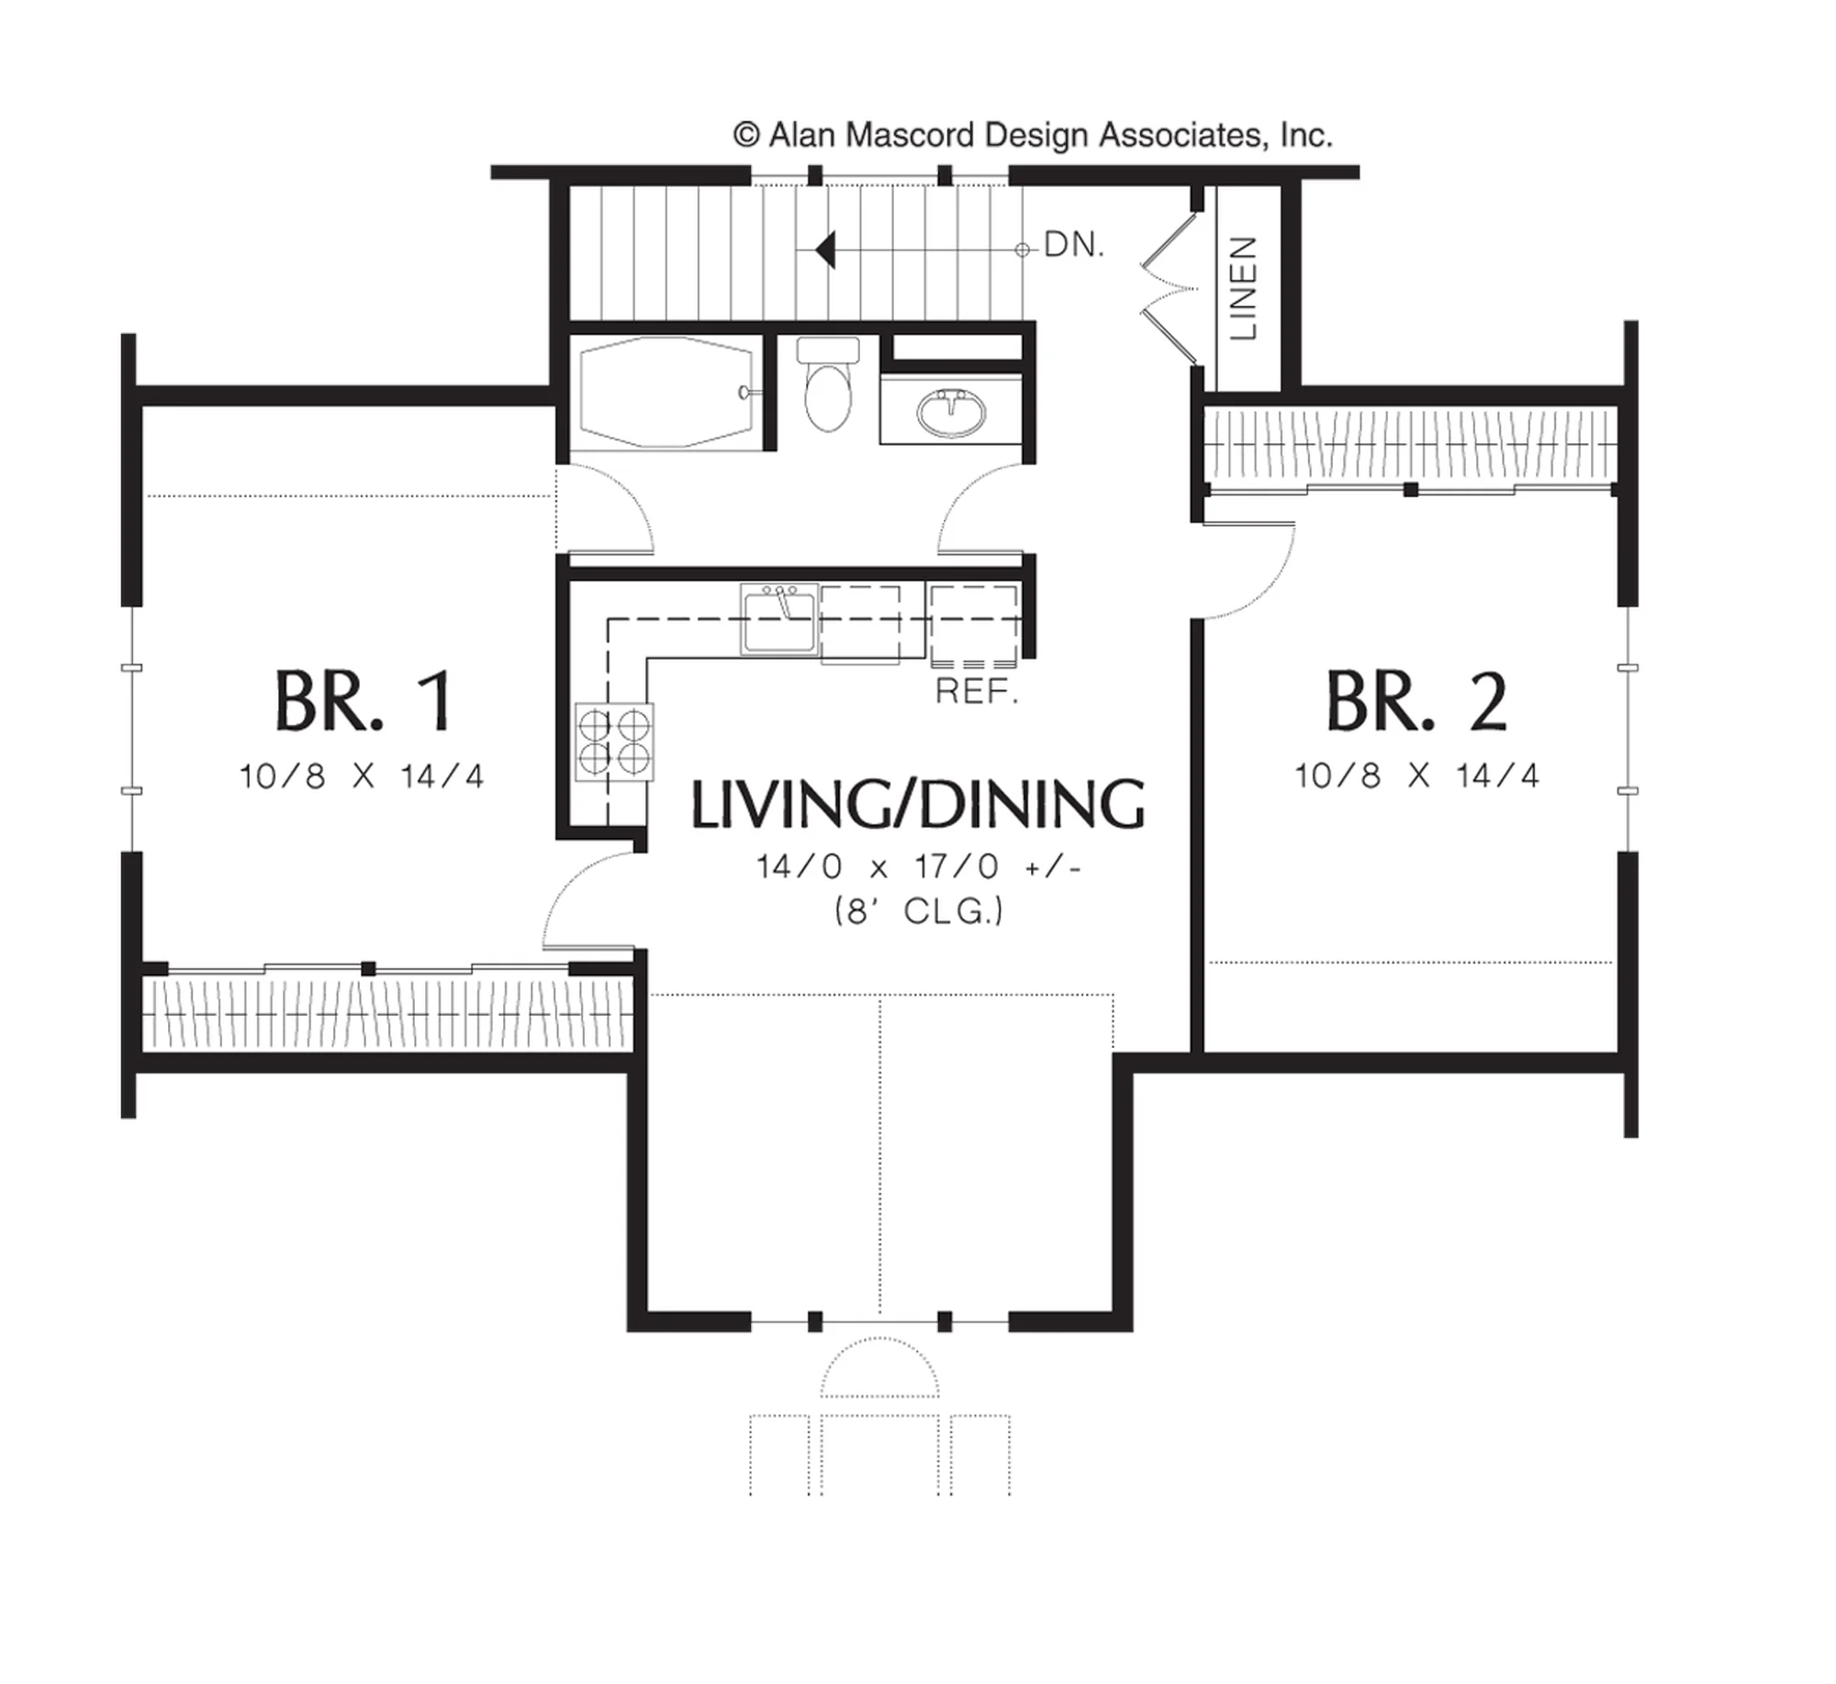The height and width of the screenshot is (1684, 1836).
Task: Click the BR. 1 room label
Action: click(364, 701)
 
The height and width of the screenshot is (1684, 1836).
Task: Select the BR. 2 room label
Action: click(1416, 701)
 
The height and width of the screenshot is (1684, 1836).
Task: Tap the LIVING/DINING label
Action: click(918, 805)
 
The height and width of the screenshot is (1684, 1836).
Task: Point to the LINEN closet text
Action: click(1243, 288)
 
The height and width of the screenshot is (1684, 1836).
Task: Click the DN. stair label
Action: click(1074, 245)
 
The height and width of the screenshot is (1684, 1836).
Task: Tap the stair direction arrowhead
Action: click(825, 250)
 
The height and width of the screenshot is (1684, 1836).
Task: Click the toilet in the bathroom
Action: click(828, 385)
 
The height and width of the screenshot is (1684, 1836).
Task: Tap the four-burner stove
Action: click(614, 742)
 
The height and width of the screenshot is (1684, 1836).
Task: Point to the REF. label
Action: click(977, 692)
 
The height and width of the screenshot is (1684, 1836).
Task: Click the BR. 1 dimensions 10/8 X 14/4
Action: click(362, 776)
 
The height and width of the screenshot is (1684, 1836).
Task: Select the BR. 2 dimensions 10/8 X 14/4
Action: click(1416, 775)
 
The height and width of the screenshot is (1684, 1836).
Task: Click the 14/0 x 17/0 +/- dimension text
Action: click(919, 865)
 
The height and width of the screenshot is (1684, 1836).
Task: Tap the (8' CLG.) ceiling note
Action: click(919, 911)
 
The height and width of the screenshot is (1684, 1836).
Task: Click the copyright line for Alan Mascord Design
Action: click(1033, 136)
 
